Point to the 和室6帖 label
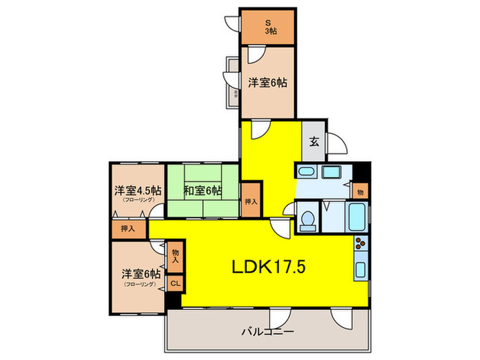click(x=202, y=190)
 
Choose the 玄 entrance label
click(x=313, y=143)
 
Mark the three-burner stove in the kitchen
click(x=361, y=243)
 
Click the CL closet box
click(x=175, y=282)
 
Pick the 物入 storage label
click(x=175, y=257)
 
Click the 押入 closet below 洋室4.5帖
click(x=128, y=229)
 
